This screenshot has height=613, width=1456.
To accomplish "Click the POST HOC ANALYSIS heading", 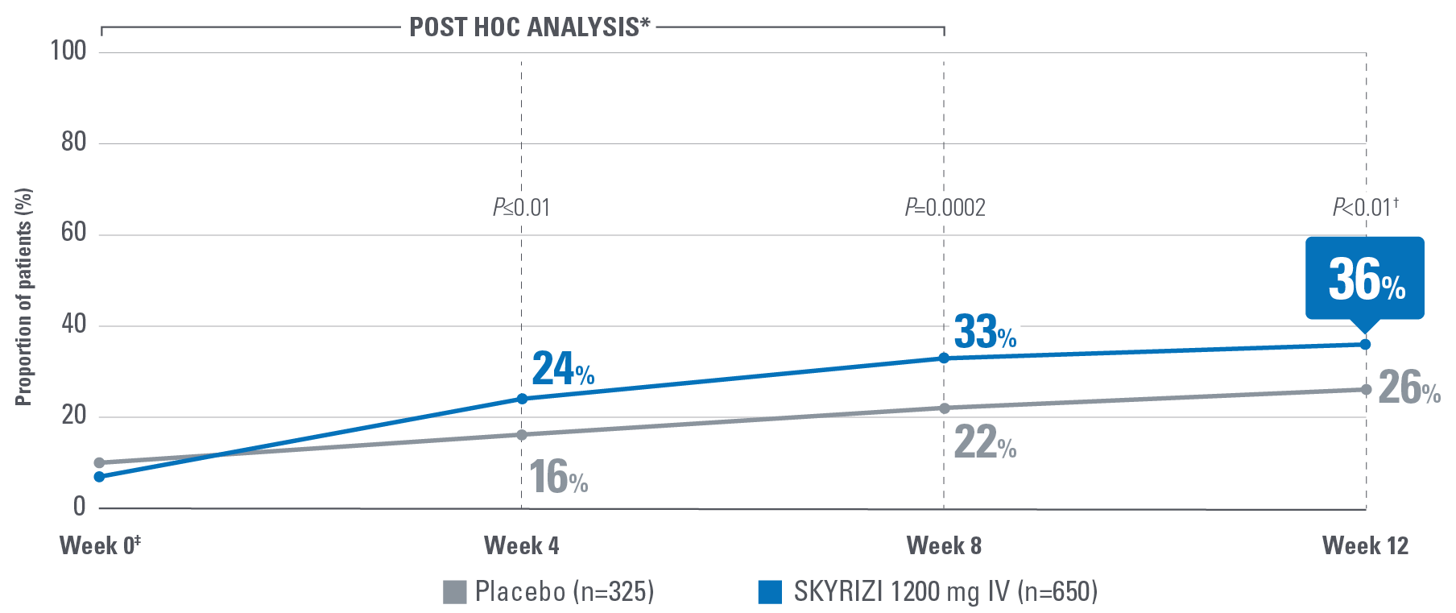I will coord(529,27).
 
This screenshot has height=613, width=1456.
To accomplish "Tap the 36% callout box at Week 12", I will coord(1364,278).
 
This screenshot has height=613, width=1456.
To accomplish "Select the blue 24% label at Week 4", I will coord(563,369).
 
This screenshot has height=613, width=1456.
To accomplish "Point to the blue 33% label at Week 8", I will coord(984,331).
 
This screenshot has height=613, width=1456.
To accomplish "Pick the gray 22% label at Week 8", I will coord(984,442).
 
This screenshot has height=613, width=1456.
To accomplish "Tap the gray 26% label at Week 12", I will coord(1408,387).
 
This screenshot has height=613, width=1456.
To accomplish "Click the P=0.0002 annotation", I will coord(945,208).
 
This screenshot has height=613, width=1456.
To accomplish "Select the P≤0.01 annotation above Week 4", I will coord(521,208).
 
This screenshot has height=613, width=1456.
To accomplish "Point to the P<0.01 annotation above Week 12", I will coord(1365,207).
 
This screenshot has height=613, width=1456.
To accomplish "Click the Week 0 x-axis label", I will coord(100,545).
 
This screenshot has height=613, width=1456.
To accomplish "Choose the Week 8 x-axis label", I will coord(944,545).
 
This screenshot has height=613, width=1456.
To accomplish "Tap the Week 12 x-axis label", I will coord(1365,545).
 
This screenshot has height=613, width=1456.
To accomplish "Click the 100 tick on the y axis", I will coord(68,51).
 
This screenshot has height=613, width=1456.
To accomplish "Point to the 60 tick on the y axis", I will coord(73,233).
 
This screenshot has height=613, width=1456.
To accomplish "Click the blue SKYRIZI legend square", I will coord(770,591).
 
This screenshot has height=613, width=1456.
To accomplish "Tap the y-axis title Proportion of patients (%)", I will coord(24,296).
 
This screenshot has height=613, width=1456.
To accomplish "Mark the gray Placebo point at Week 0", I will coord(99,463).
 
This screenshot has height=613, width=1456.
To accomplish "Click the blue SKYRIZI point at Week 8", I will coord(944,358).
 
